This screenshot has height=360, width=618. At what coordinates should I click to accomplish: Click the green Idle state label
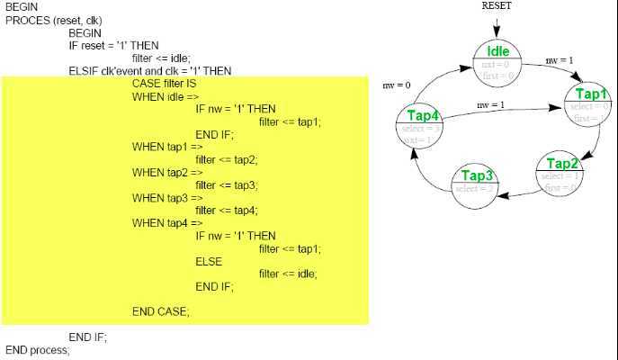click(497, 50)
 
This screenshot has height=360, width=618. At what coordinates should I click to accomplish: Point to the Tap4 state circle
click(422, 127)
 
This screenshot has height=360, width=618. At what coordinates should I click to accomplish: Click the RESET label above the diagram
click(498, 6)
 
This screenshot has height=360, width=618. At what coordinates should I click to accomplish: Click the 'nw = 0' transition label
click(396, 85)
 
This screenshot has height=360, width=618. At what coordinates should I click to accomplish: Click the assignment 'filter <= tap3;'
click(226, 184)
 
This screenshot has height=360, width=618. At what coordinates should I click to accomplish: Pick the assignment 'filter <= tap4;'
click(226, 210)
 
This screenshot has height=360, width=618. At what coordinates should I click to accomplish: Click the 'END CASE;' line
click(161, 310)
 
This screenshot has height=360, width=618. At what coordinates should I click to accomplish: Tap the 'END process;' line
click(37, 349)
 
